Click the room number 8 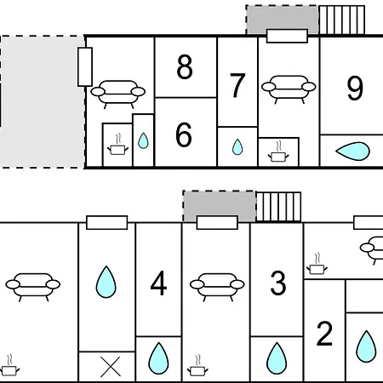(x=185, y=67)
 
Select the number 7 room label (x=237, y=85)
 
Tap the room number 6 (x=184, y=134)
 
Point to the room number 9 (x=355, y=88)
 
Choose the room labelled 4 (x=158, y=283)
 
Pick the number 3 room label (x=278, y=283)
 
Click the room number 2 (x=324, y=334)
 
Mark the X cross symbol (x=111, y=367)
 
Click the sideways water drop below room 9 (x=352, y=151)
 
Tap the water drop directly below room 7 (x=237, y=147)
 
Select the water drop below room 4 (x=158, y=358)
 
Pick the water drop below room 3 (x=277, y=358)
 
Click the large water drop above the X (x=106, y=282)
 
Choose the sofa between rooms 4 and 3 (x=217, y=287)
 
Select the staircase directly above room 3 (x=278, y=207)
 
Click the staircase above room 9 (x=342, y=20)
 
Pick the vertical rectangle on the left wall (x=85, y=67)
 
